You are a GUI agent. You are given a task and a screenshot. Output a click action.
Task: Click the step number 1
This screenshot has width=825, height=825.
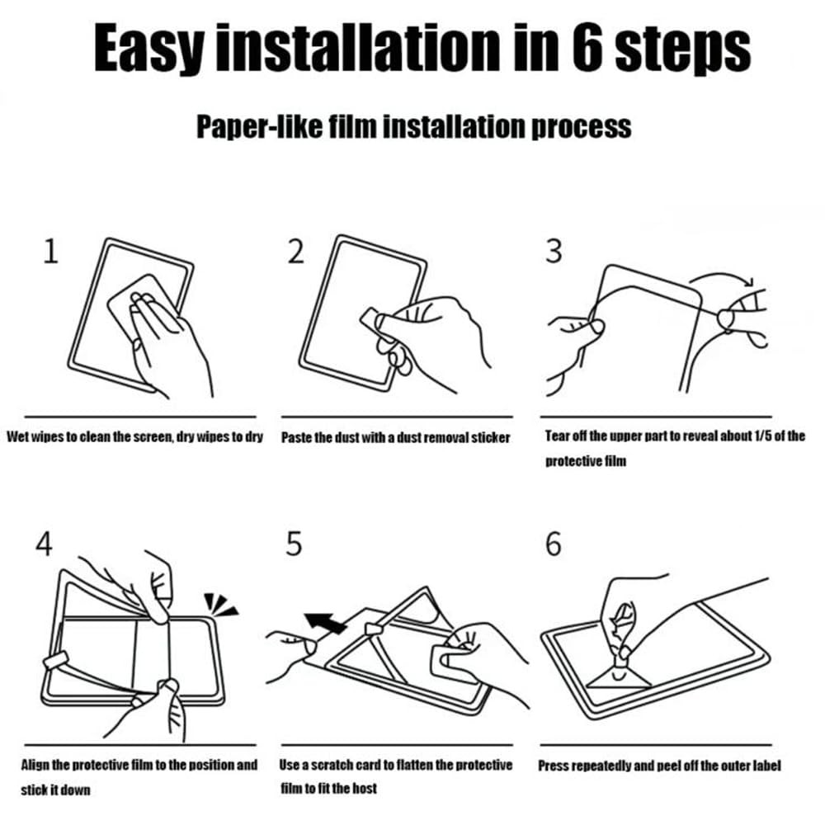(50, 251)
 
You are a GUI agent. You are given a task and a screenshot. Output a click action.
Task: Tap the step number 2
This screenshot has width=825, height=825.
(295, 251)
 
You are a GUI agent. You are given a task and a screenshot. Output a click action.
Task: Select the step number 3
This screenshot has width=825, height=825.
(554, 251)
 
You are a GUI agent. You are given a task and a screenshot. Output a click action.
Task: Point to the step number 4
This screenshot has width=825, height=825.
(45, 543)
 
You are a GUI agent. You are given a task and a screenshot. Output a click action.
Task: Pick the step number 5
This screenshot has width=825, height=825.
(294, 543)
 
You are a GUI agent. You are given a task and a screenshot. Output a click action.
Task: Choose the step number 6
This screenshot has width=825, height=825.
(553, 543)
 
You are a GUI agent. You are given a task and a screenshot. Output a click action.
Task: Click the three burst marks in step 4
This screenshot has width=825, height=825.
(220, 604)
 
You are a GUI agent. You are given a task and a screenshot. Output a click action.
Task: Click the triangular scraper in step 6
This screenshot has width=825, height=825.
(619, 677)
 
